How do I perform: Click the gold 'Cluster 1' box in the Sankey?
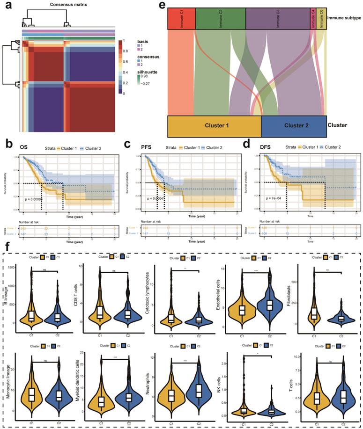(214, 126)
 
